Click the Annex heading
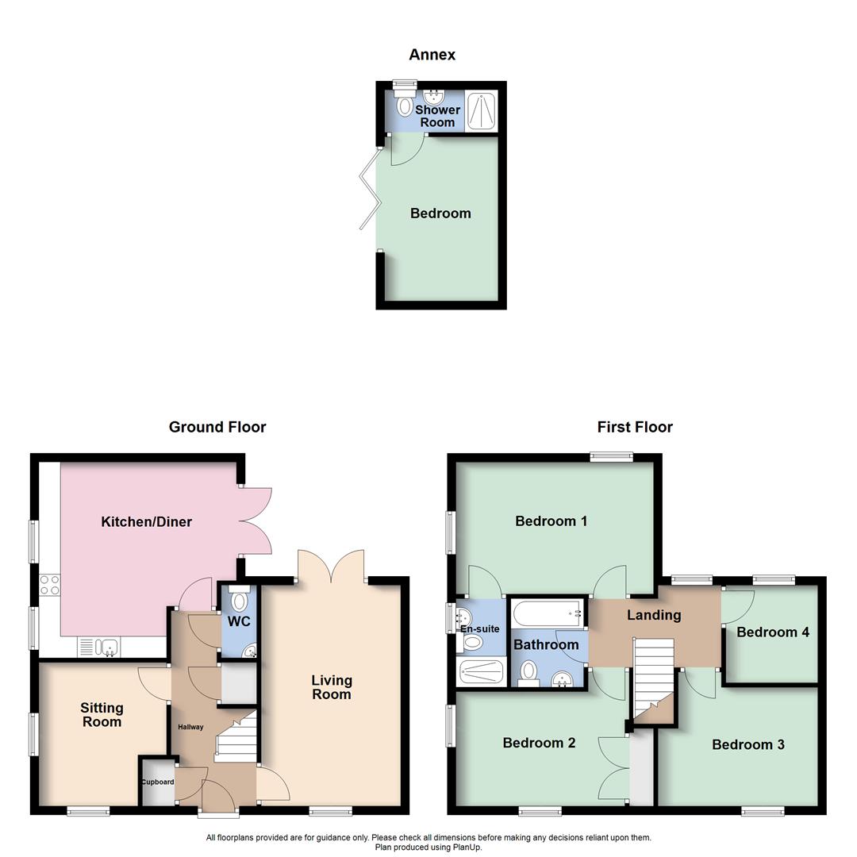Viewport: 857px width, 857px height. [432, 55]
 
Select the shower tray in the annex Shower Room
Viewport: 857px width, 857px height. [481, 111]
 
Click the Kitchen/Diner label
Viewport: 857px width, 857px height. [147, 522]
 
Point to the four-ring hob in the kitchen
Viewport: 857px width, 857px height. [50, 585]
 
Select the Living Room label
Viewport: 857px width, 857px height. [331, 687]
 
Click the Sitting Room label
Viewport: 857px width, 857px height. [102, 714]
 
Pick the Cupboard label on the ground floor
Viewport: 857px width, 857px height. [157, 782]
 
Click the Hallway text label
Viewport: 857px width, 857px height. [190, 728]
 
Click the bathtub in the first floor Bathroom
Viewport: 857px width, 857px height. [548, 613]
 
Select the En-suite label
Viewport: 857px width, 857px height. [480, 629]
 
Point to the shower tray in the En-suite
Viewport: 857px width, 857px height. [482, 672]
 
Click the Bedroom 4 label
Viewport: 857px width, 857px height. [773, 632]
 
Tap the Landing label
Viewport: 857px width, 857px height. [654, 615]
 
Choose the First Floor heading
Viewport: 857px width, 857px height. [635, 427]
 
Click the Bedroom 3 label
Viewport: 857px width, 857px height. [748, 744]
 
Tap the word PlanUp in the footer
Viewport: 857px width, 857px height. [467, 847]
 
